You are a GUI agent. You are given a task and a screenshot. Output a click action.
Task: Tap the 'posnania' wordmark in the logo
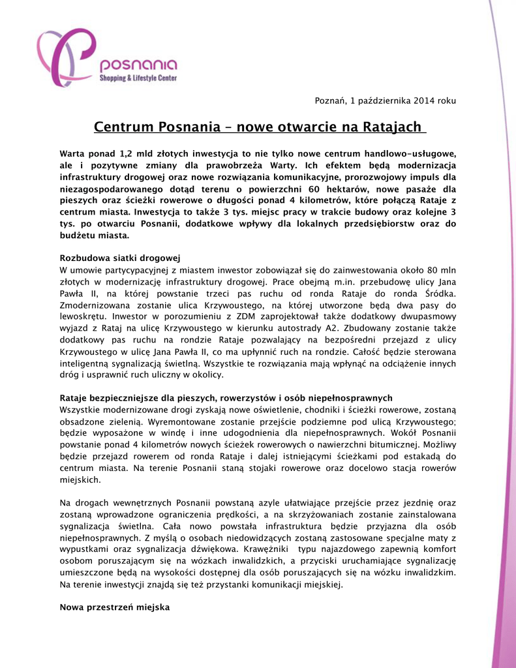click(138, 65)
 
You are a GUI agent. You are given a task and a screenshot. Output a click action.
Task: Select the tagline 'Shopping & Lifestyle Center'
click(138, 78)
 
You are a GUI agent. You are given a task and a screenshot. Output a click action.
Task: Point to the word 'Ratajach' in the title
click(391, 127)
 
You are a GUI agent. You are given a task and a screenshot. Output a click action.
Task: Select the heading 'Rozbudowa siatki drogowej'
click(119, 258)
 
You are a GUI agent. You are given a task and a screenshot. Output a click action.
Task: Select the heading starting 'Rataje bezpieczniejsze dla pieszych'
click(226, 398)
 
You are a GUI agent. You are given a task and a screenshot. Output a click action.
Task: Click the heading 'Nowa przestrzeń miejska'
click(114, 607)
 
